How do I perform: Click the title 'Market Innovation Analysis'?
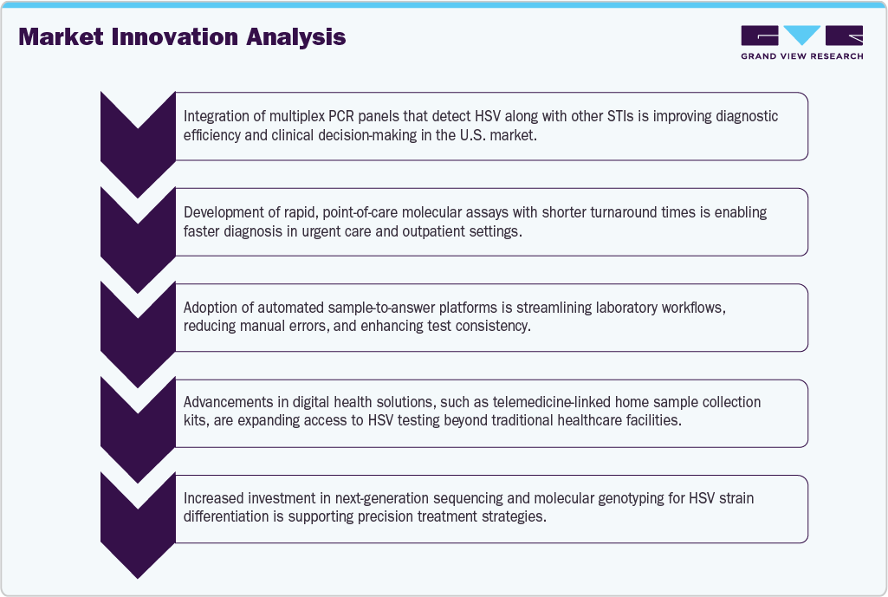coord(182,37)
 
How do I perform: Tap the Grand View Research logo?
coord(801,36)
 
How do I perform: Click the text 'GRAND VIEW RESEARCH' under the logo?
coord(801,56)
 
